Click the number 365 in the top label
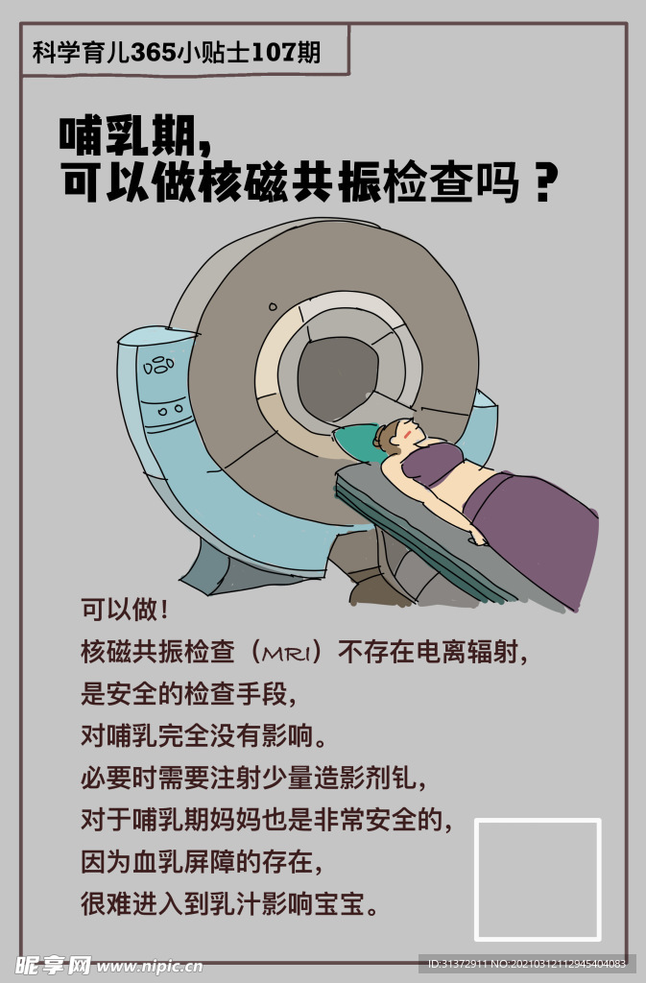[154, 52]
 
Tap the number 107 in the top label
[274, 52]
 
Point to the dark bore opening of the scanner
[337, 378]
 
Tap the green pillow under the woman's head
[357, 441]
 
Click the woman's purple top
[432, 463]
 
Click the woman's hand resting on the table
[477, 538]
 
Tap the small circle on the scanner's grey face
[273, 307]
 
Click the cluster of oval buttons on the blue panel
[159, 366]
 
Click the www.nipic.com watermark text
[149, 966]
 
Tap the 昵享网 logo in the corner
[53, 965]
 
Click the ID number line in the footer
[526, 964]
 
